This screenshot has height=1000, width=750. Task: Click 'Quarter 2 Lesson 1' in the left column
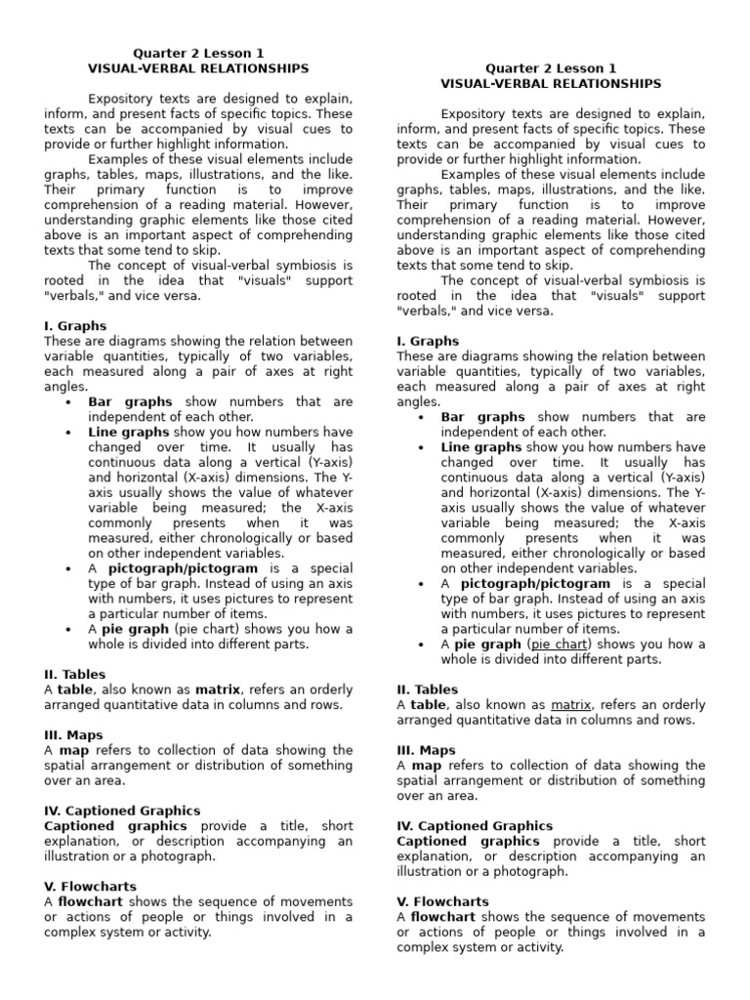[198, 53]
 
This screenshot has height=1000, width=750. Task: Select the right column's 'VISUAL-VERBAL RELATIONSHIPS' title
[551, 84]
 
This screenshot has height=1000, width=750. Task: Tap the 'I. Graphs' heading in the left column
[75, 326]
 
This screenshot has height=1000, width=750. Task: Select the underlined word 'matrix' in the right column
[571, 705]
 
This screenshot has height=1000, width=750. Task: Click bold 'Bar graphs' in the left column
[130, 401]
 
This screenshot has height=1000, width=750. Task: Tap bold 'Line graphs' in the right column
[481, 447]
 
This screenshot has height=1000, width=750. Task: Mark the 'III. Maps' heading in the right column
[426, 750]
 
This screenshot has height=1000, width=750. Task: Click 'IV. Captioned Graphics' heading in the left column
[122, 811]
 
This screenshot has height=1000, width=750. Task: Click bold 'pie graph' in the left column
[135, 629]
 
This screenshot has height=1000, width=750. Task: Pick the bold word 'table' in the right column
[428, 705]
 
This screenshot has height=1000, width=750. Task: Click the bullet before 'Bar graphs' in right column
[420, 417]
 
